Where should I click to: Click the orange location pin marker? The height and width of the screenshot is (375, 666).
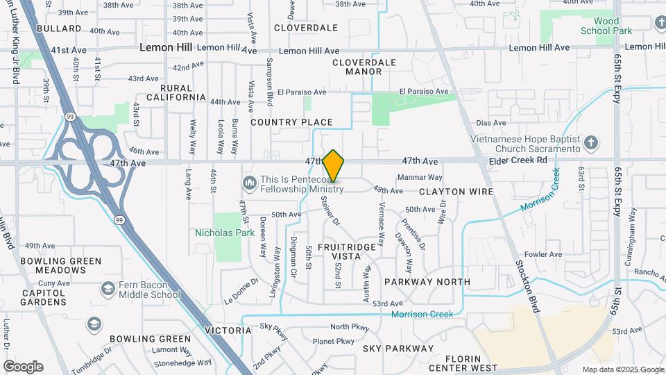334,167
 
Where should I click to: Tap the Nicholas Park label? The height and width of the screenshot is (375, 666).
225,233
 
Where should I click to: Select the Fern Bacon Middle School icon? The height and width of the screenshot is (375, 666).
108,288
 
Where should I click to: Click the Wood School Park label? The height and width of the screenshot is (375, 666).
606,26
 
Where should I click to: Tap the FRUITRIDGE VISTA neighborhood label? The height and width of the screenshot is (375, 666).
349,251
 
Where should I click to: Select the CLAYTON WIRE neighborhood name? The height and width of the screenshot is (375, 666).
456,191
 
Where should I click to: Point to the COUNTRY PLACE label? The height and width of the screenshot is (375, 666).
291,122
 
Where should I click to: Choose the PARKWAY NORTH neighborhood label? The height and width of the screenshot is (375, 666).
427,282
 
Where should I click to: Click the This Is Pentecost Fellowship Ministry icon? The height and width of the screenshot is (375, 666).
249,183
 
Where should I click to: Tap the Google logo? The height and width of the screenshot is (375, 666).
23,367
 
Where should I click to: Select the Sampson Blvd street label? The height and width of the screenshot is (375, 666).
269,82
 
